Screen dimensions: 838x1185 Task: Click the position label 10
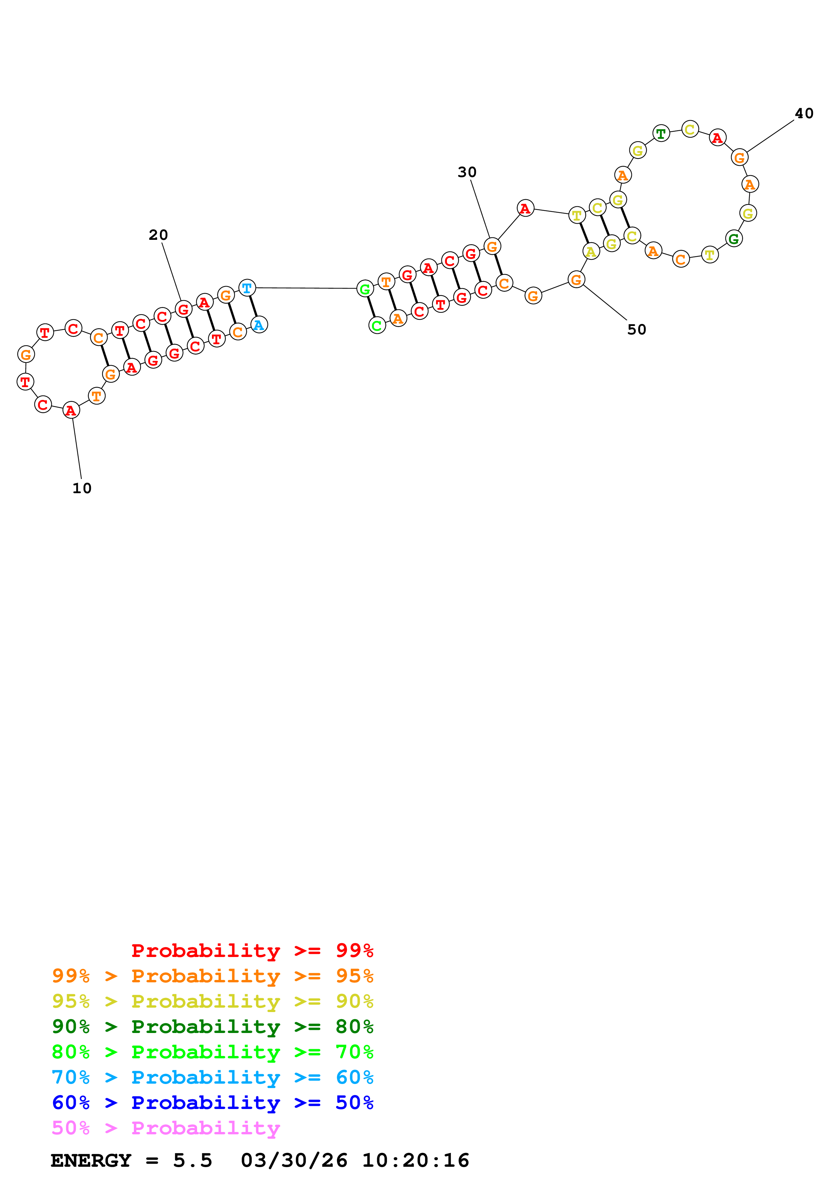[x=81, y=488]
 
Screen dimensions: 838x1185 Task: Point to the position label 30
[x=467, y=172]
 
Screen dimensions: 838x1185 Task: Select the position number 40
[x=804, y=113]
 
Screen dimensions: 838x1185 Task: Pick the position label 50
[x=636, y=329]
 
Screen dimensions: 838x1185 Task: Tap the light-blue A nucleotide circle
[x=259, y=325]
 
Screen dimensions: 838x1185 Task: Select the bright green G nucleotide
[x=365, y=289]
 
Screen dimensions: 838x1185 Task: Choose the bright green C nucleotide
[x=377, y=326]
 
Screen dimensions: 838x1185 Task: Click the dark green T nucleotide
[x=661, y=134]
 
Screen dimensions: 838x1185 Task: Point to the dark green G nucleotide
[x=733, y=238]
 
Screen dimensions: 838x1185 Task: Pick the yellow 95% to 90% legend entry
[x=212, y=1001]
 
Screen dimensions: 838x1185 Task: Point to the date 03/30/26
[x=293, y=1160]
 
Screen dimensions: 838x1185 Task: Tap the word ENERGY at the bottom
[x=91, y=1160]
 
